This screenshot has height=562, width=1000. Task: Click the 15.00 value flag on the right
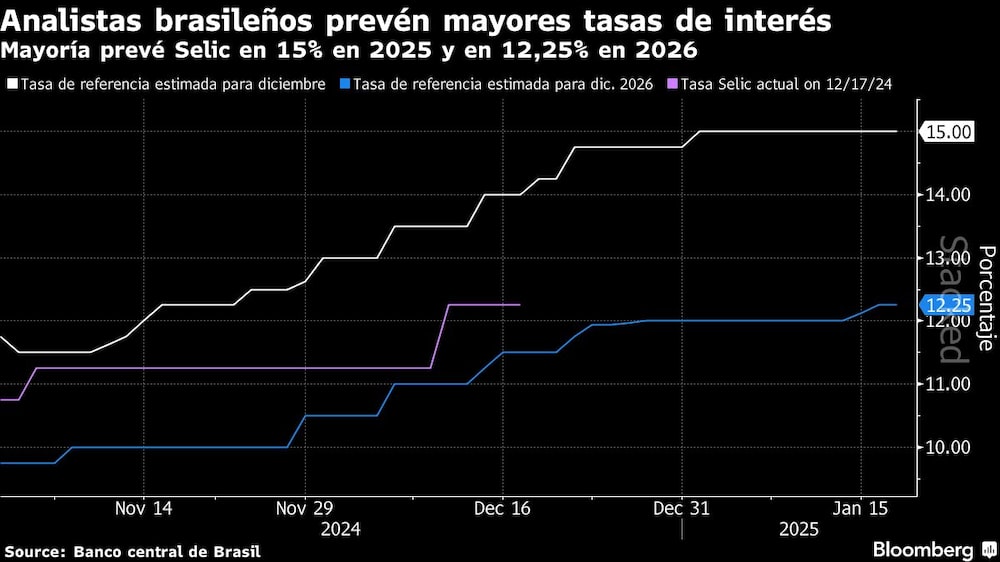[x=946, y=132]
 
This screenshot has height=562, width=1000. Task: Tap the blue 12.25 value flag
[x=946, y=305]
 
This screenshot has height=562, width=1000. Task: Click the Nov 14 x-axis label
[x=144, y=508]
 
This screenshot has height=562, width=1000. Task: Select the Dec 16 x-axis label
[x=502, y=508]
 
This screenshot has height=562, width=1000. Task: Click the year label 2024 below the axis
[x=341, y=529]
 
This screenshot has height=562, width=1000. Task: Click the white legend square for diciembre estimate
[x=12, y=85]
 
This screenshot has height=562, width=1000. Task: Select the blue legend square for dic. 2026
[x=346, y=85]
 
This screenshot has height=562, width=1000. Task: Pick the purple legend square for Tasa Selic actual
[x=673, y=85]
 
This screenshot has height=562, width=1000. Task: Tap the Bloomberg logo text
[x=924, y=550]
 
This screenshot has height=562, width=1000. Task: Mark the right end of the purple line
[x=520, y=304]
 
